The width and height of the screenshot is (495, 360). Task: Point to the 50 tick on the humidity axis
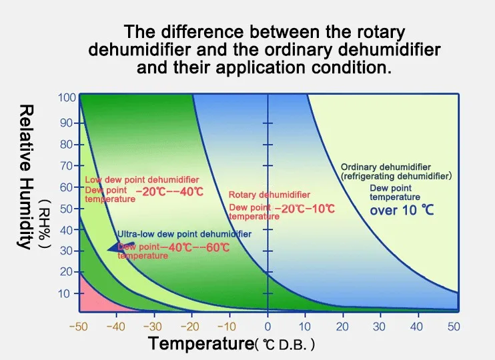click(65, 209)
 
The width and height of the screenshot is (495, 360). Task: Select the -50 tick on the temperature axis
click(79, 327)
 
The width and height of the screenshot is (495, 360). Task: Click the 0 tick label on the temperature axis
click(268, 327)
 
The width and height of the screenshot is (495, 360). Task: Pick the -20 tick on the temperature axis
click(192, 327)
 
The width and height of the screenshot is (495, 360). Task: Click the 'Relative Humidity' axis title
click(25, 176)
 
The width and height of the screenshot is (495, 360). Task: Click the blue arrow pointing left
click(120, 249)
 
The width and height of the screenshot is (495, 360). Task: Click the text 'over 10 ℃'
click(402, 211)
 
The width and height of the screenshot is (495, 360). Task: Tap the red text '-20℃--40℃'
click(169, 192)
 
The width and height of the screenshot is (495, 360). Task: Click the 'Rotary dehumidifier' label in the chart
click(269, 195)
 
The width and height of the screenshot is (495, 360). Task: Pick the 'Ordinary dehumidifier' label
click(385, 167)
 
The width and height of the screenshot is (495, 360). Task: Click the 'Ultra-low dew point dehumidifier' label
click(184, 234)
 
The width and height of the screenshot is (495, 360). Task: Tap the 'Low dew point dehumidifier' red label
click(141, 180)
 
